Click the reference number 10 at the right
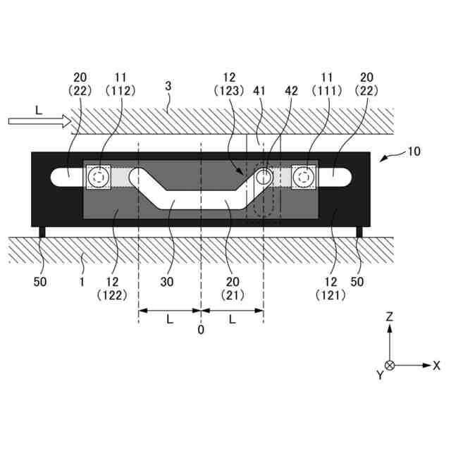coord(414,152)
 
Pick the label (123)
coord(231,91)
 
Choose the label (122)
coord(111,295)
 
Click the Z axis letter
coord(389,317)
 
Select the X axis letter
coord(437,365)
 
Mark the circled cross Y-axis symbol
coord(389,365)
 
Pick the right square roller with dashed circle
coord(303,177)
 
